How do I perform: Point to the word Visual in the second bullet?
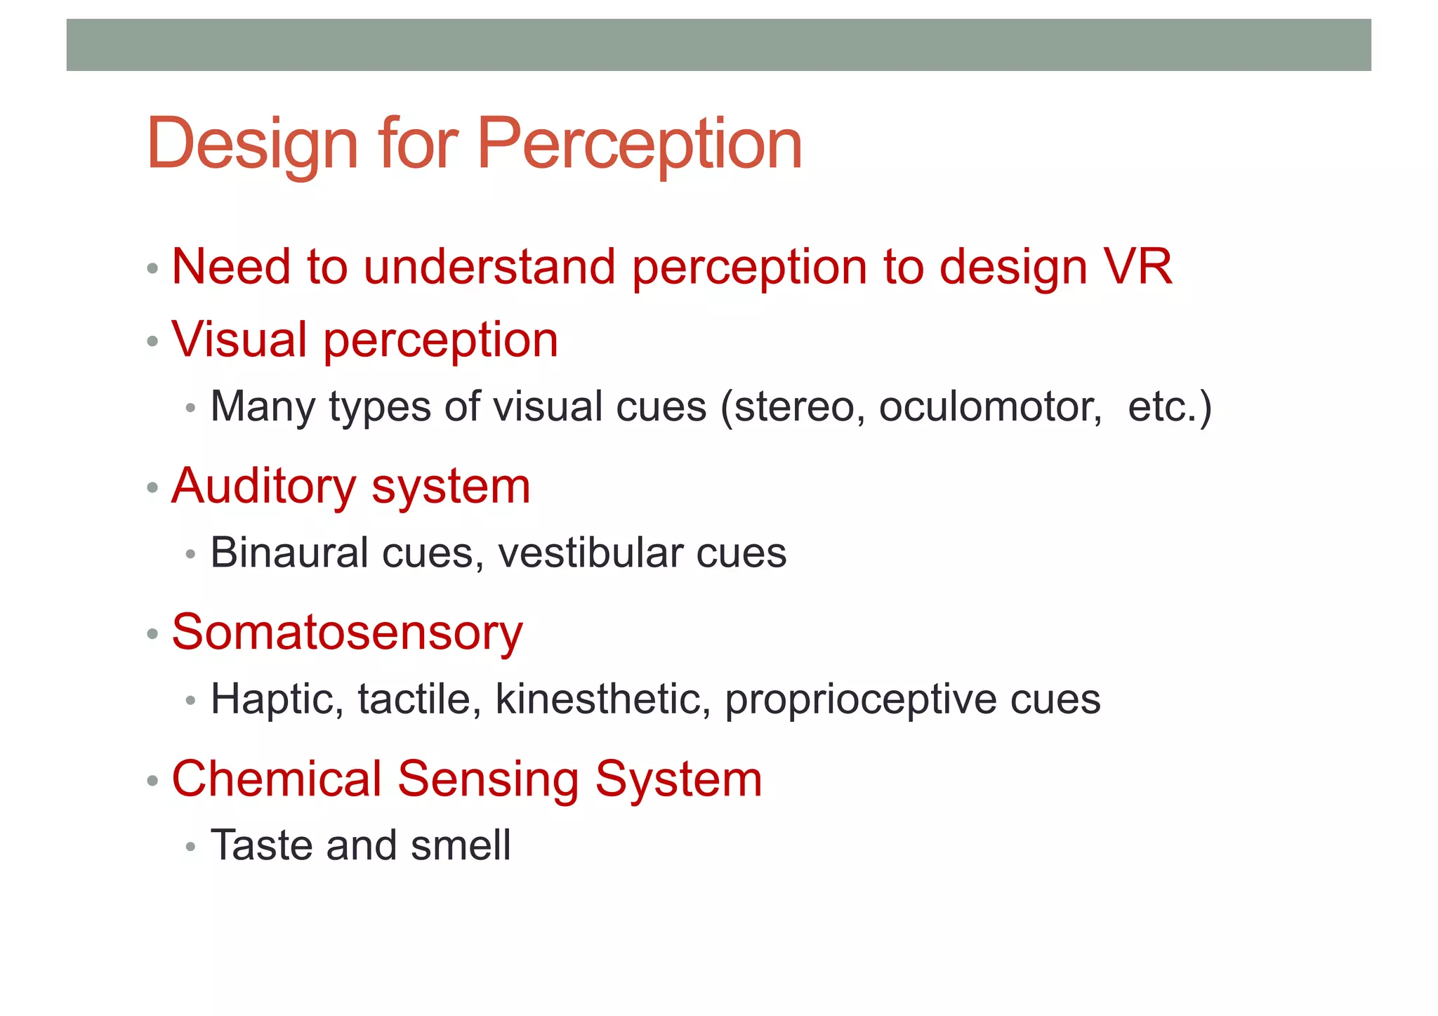(x=239, y=340)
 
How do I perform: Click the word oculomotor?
(x=991, y=407)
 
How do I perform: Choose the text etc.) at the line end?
(x=1170, y=407)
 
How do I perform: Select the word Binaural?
(x=289, y=553)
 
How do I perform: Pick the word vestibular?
(x=590, y=553)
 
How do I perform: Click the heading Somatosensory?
(x=347, y=632)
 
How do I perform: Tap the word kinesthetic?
(x=602, y=699)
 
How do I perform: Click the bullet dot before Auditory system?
(x=152, y=487)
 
